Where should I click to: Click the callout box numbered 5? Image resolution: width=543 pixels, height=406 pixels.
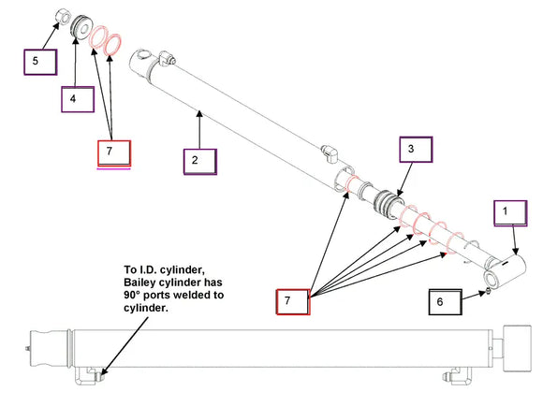tap(40, 62)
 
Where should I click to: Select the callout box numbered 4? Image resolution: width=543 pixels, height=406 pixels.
tap(78, 99)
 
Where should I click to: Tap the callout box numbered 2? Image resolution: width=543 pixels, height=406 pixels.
tap(200, 162)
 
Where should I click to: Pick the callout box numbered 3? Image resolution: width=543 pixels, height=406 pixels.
tap(416, 150)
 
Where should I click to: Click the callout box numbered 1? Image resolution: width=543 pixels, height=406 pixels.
tap(510, 213)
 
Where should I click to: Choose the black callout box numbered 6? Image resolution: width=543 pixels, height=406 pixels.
tap(446, 302)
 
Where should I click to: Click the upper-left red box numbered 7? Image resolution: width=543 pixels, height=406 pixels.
tap(114, 152)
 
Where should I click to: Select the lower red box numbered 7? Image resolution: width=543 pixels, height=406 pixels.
tap(293, 302)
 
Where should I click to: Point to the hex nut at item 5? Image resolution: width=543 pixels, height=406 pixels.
tap(63, 17)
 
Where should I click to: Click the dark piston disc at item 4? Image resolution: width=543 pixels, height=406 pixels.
tap(81, 27)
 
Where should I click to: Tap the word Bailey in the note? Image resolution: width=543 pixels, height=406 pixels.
tap(139, 283)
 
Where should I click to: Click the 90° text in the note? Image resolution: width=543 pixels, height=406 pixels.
tap(132, 296)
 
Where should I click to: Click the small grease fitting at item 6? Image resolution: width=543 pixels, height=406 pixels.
tap(489, 292)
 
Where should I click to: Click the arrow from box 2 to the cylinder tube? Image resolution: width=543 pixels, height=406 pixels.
tap(199, 129)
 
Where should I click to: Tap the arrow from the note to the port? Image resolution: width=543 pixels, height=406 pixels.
tap(124, 346)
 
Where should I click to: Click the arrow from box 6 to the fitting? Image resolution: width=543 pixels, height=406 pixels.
tap(474, 296)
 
